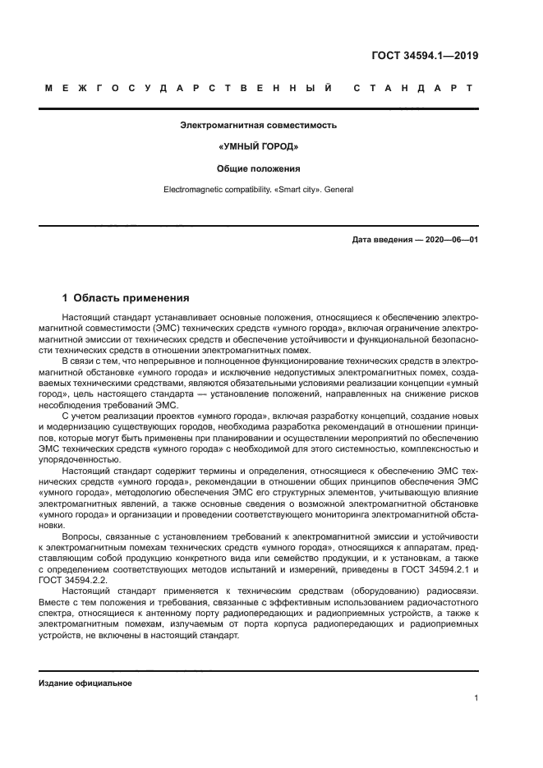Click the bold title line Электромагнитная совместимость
pos(259,126)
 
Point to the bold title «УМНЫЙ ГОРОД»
pos(259,147)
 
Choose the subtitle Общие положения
pos(259,168)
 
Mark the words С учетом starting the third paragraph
pos(81,417)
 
